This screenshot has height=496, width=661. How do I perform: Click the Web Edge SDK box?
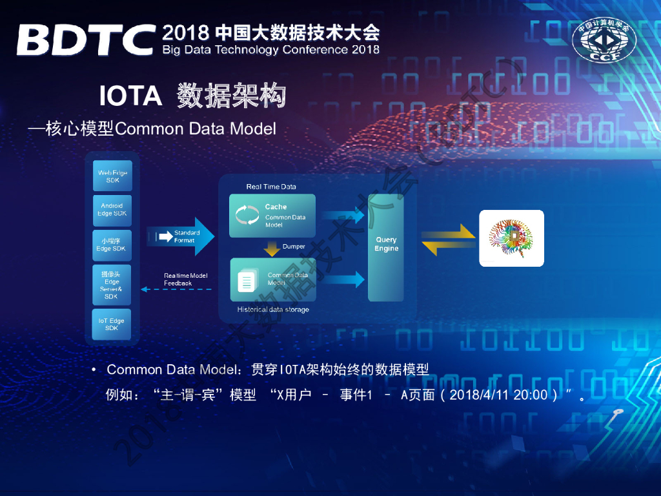(x=112, y=176)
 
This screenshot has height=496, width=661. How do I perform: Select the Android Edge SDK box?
(x=112, y=210)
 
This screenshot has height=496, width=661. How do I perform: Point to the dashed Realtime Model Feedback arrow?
(x=177, y=289)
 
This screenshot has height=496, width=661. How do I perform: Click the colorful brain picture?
(x=511, y=238)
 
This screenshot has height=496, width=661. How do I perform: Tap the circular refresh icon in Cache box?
(x=247, y=215)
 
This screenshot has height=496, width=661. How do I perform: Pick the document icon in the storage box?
(x=247, y=282)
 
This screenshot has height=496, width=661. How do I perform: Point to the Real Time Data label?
(x=271, y=187)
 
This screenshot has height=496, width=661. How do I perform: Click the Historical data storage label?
(x=272, y=310)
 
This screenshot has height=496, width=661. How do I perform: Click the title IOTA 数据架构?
(x=192, y=96)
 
